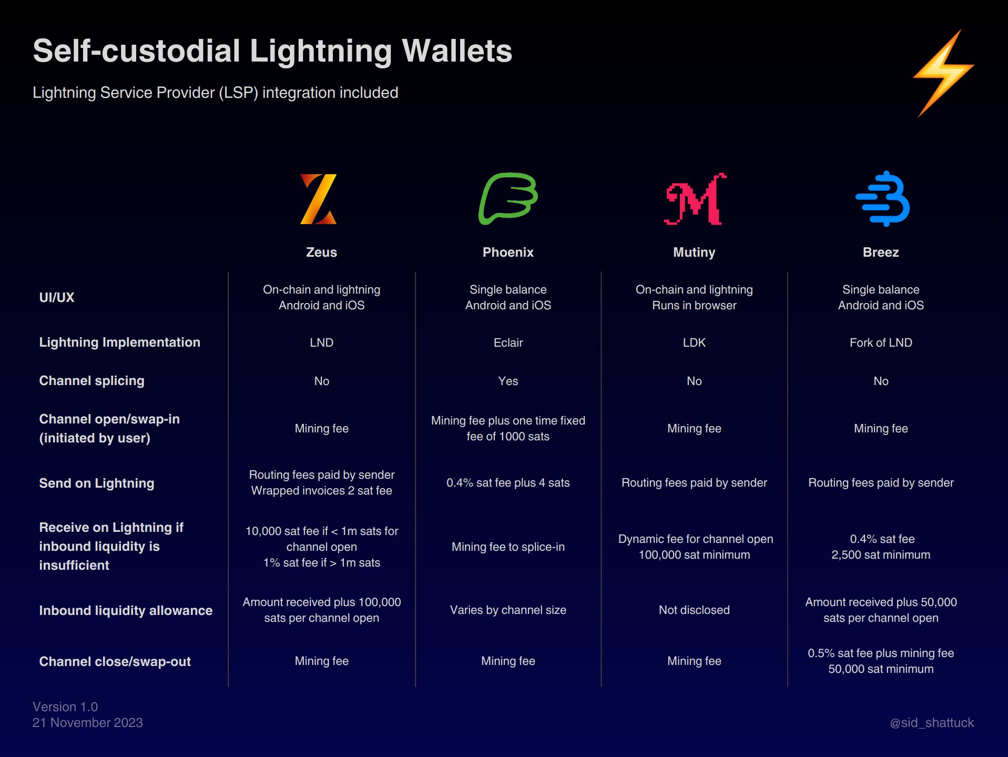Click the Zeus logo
(319, 199)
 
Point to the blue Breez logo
(883, 199)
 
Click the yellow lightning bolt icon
(943, 73)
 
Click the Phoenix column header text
(508, 253)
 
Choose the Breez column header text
(881, 253)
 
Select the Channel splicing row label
(91, 381)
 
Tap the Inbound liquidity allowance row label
(126, 610)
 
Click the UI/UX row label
(57, 297)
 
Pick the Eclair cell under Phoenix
(508, 343)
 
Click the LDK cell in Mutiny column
(694, 343)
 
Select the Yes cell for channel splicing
(508, 381)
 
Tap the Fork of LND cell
(881, 343)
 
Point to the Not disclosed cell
(694, 610)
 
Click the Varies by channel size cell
(508, 610)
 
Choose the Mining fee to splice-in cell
(508, 547)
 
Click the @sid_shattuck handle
(932, 723)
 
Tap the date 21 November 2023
(88, 723)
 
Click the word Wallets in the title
(457, 51)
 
